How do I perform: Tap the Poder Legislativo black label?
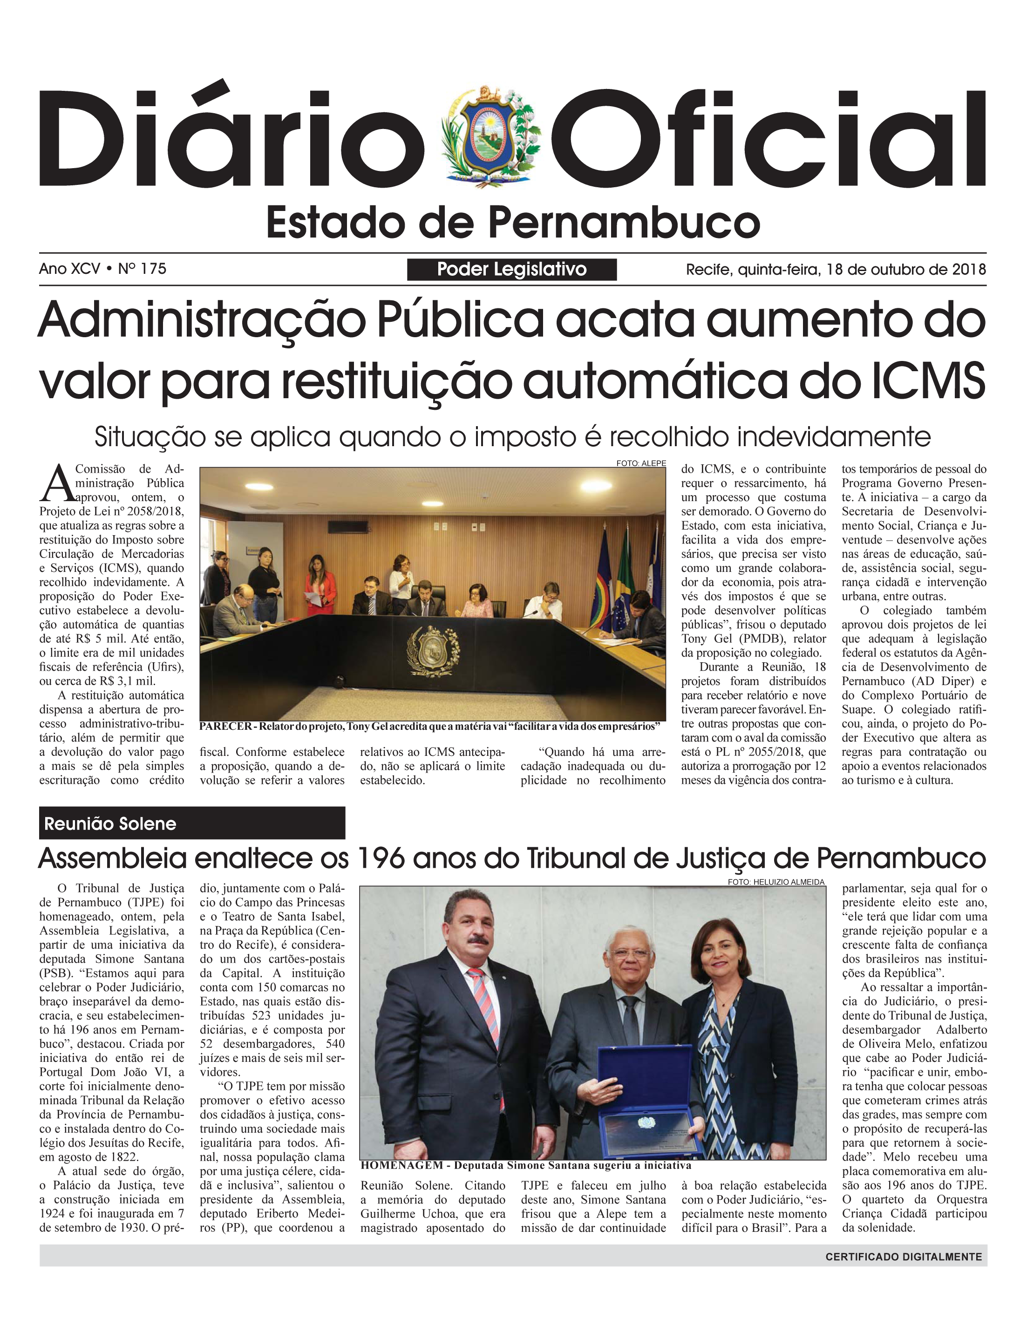(x=512, y=270)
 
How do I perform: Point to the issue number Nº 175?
(x=142, y=269)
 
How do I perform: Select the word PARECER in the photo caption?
(x=225, y=727)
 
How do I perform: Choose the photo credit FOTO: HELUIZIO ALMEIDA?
(x=776, y=882)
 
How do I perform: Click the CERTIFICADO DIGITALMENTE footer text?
(x=904, y=1257)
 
